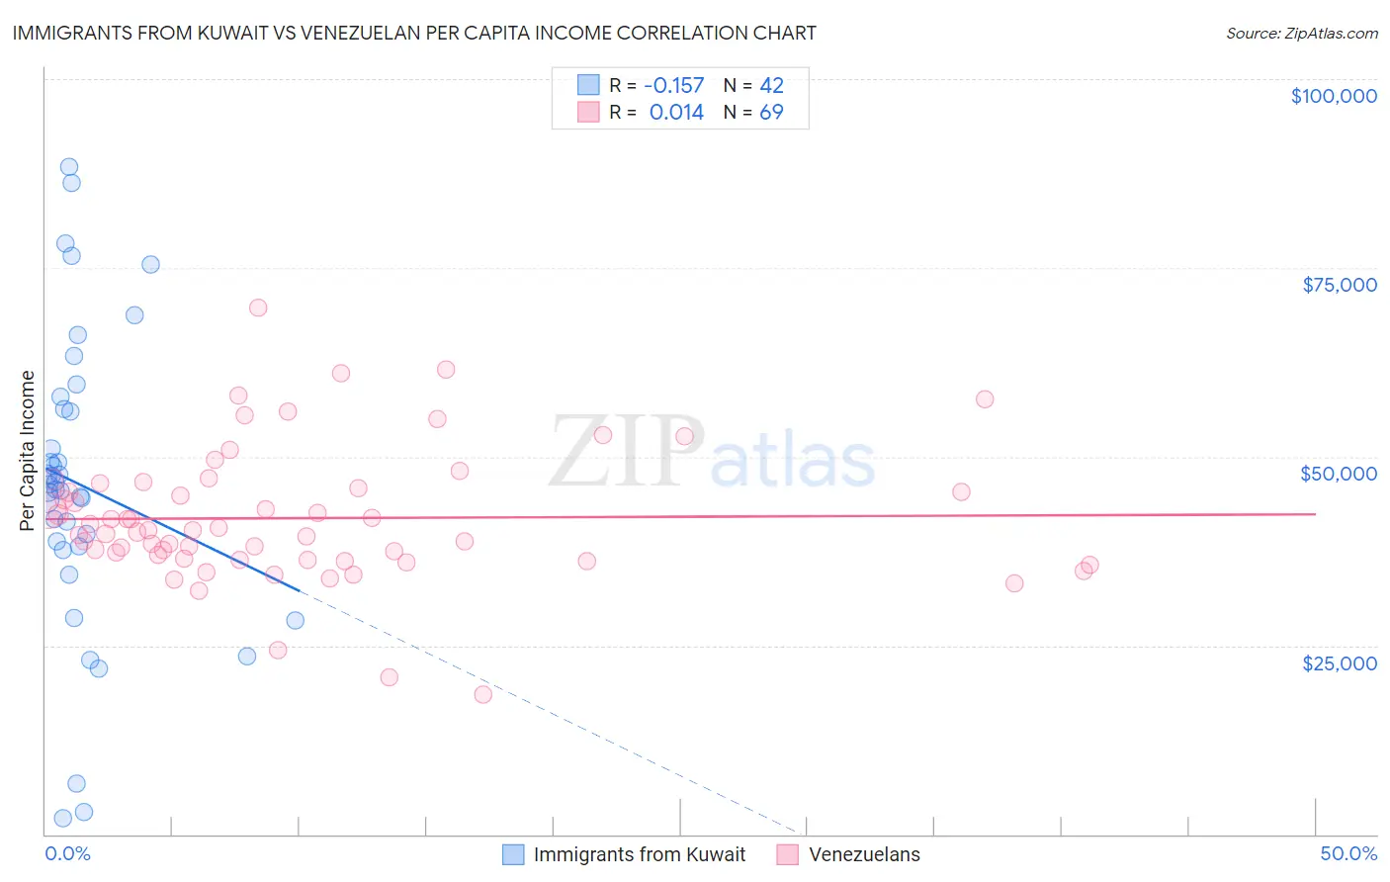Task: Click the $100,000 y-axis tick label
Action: pos(1333,96)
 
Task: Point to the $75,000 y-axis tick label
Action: pos(1339,285)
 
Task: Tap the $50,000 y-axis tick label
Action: pos(1338,474)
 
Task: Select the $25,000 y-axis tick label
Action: pos(1339,662)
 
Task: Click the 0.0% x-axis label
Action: pos(67,853)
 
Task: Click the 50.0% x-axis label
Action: pos(1347,853)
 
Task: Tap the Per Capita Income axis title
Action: pos(28,450)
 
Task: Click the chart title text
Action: pos(414,33)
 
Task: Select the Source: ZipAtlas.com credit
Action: pos(1301,34)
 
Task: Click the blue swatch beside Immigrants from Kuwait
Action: pos(512,854)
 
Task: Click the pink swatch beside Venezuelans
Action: pos(787,854)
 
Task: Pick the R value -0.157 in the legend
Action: pos(673,86)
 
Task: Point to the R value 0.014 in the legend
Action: pos(676,113)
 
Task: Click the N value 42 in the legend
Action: pos(771,86)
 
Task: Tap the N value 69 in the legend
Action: pos(771,113)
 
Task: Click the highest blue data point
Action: pos(69,167)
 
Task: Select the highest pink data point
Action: pos(258,308)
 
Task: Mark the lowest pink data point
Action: pos(482,694)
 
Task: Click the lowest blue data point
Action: pos(62,818)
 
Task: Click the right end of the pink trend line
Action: pos(1315,513)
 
